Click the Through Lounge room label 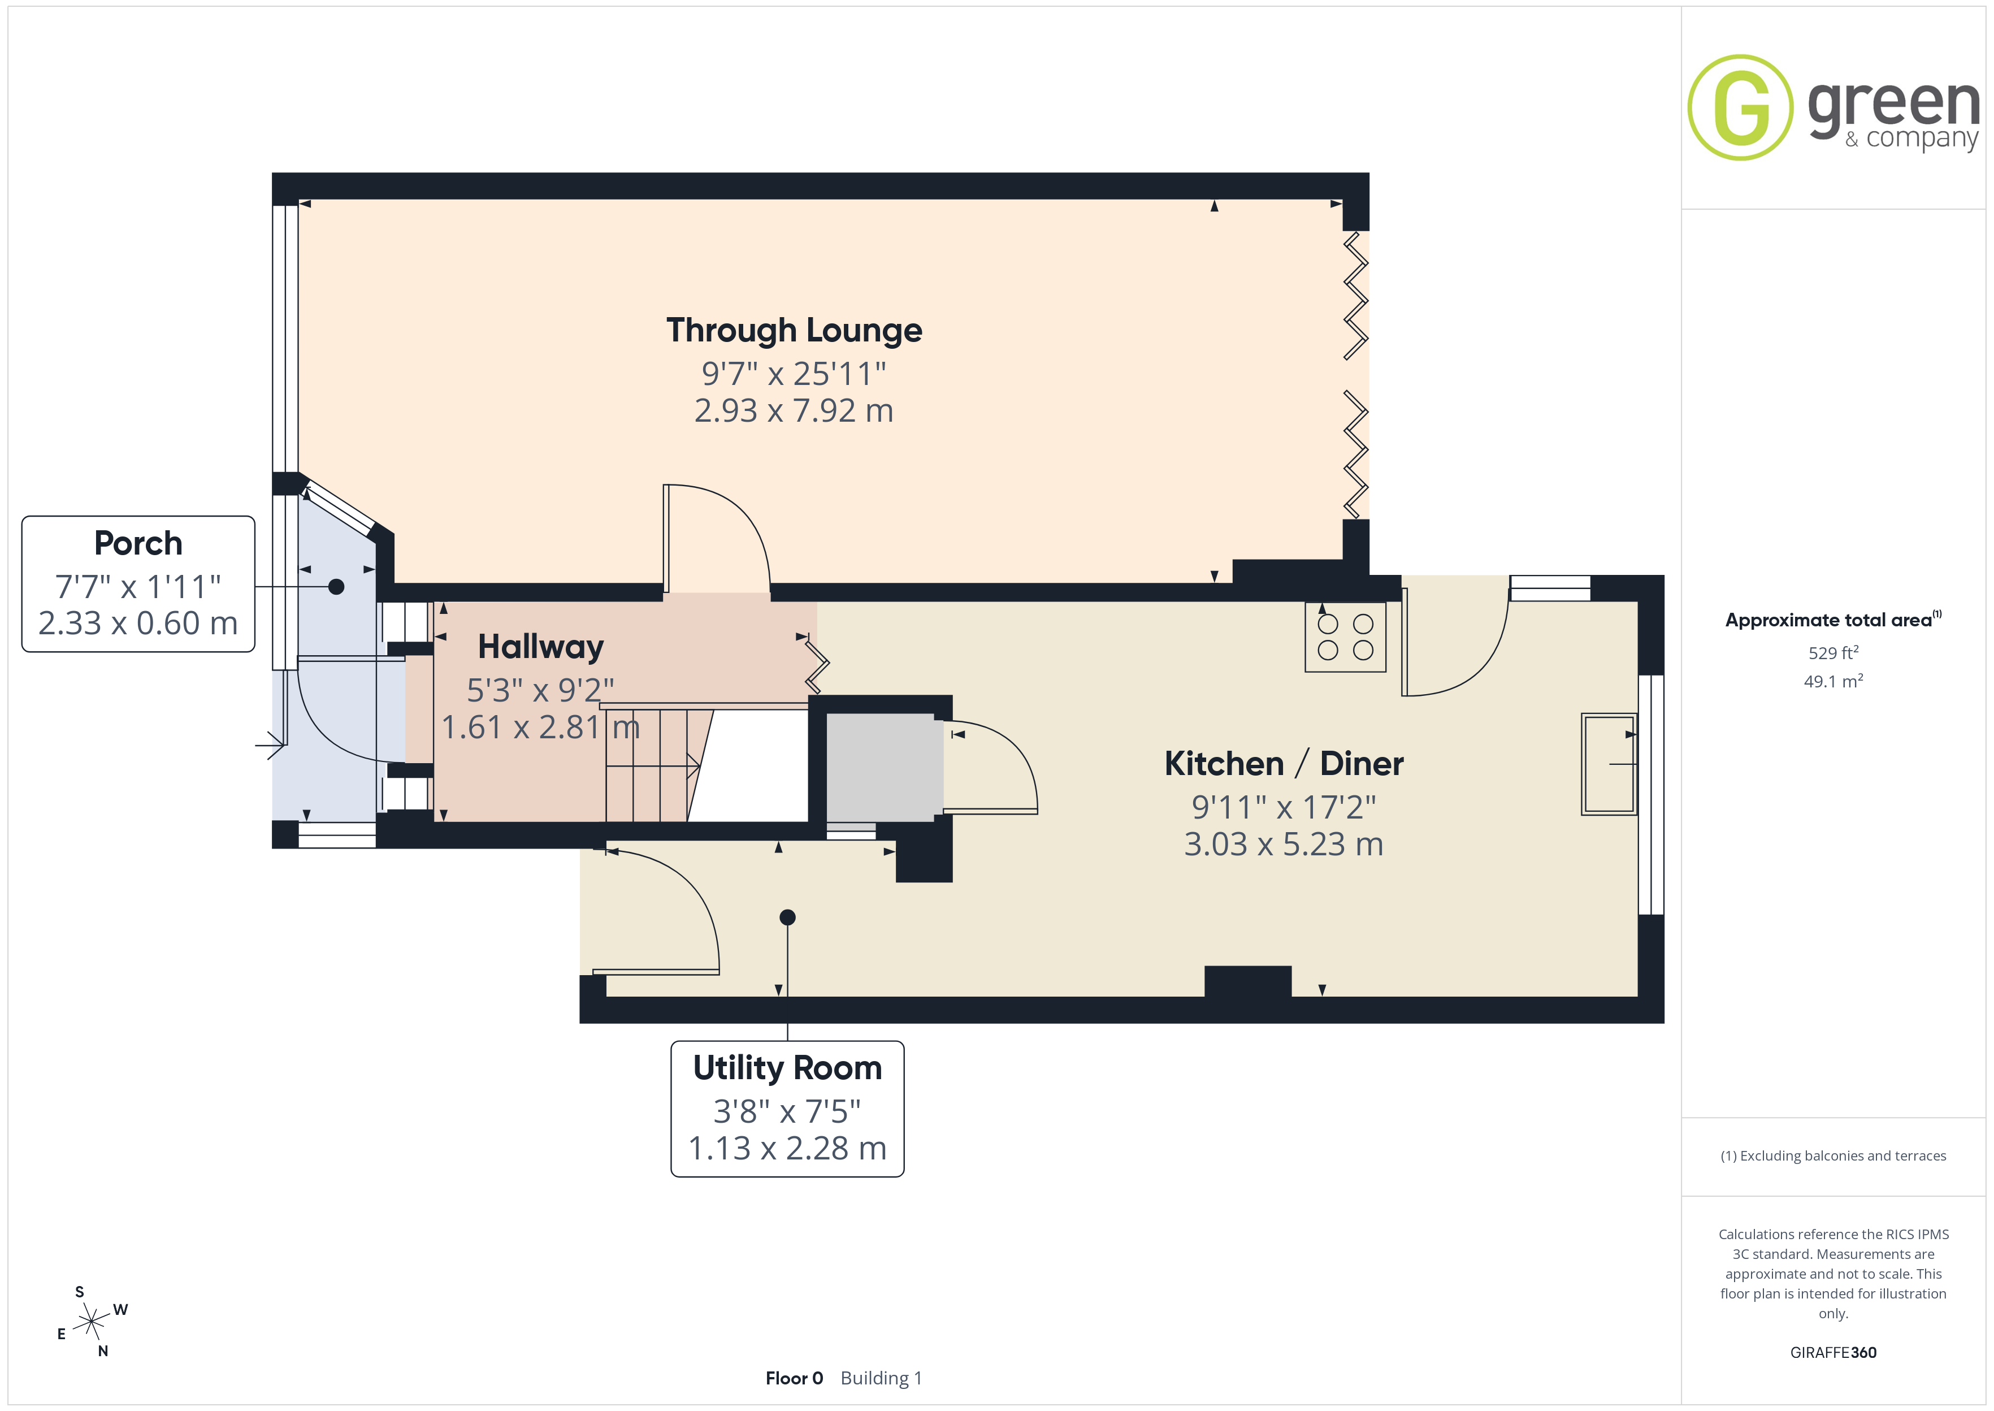[794, 331]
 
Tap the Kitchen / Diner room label [1284, 764]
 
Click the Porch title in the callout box [138, 543]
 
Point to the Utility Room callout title [787, 1068]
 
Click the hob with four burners [1345, 637]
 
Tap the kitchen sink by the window [1609, 764]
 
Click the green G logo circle [1740, 108]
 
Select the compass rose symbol [91, 1322]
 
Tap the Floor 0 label [794, 1378]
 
